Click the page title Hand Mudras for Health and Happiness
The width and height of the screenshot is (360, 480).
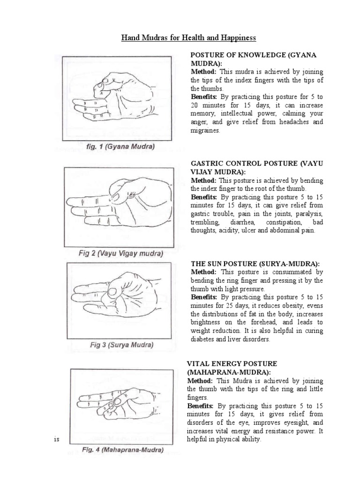pyautogui.click(x=180, y=37)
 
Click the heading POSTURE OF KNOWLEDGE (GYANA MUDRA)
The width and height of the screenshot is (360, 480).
pyautogui.click(x=253, y=59)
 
